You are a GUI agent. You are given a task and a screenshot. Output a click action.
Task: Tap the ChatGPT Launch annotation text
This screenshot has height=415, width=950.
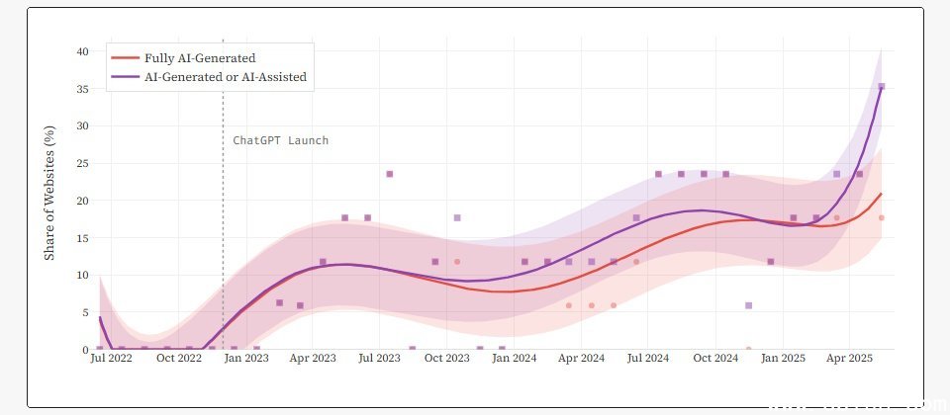280,140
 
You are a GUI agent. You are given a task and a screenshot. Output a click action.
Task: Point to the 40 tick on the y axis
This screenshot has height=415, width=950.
84,51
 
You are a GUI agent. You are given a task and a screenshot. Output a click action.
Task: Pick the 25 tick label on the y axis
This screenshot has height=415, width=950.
84,163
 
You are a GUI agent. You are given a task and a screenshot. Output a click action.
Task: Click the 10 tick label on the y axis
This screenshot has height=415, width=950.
84,275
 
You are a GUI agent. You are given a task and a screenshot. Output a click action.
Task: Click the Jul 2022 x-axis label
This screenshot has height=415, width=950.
112,361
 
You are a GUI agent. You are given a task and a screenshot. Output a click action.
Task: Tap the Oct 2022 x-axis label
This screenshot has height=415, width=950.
179,361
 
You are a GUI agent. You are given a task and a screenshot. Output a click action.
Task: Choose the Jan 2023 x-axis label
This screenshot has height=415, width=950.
245,361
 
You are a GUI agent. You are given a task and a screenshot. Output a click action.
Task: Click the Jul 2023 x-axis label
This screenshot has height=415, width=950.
381,361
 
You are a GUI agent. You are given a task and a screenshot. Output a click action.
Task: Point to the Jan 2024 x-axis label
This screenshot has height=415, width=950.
515,361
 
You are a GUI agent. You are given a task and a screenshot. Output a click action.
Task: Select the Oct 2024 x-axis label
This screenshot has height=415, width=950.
714,361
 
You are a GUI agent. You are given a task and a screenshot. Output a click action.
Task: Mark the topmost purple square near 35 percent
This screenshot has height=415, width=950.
881,87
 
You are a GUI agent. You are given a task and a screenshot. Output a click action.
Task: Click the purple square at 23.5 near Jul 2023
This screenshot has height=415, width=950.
389,174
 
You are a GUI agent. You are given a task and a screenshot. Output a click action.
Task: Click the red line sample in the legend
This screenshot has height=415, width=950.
126,58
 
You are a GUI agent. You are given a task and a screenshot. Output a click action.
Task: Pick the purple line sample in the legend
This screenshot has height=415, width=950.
126,76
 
